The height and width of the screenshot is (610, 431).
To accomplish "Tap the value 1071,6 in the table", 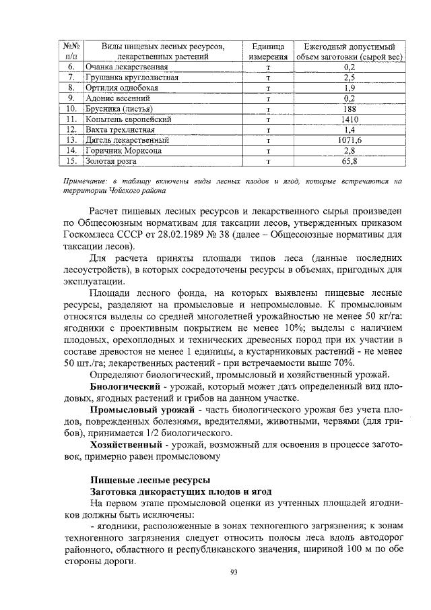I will pos(349,140).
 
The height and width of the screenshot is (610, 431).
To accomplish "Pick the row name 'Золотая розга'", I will pos(110,161).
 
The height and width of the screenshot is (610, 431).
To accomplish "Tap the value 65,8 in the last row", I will pos(349,161).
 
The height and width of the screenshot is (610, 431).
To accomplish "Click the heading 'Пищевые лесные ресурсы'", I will pos(150,480).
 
